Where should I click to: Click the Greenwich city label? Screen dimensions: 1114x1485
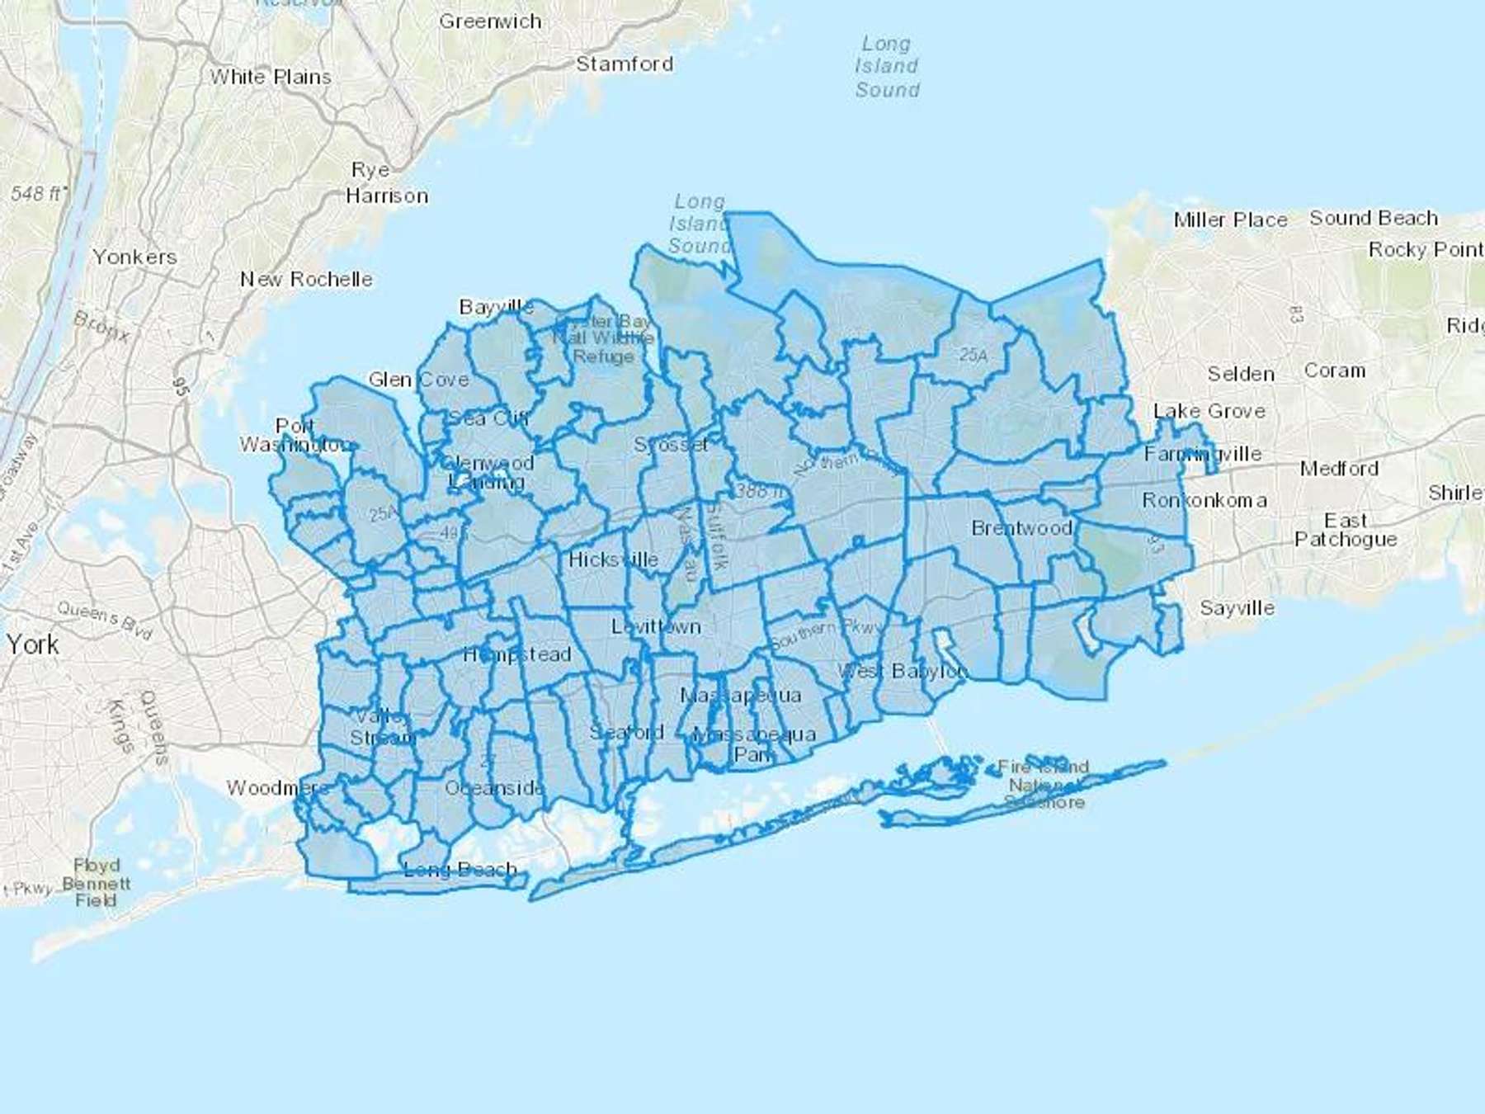490,21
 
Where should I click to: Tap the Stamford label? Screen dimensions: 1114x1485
625,64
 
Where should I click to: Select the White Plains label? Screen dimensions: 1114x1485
271,77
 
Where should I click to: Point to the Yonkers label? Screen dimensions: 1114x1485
134,257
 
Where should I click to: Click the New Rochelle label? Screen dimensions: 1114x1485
306,279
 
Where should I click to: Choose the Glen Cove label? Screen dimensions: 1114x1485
418,380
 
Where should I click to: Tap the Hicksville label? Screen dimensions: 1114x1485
613,559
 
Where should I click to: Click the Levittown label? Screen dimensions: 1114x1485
656,626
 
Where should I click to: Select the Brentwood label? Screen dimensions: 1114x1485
1021,528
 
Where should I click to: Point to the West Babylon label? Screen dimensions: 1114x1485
903,671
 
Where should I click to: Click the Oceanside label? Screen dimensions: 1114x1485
494,788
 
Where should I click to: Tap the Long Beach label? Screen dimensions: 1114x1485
460,869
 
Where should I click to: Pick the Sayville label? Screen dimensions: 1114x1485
1237,608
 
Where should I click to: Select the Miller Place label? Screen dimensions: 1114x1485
1230,219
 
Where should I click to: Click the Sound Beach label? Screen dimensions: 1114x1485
1374,218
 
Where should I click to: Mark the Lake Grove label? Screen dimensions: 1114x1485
1209,411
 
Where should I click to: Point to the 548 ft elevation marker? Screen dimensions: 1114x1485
38,193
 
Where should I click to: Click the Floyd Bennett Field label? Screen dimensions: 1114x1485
97,883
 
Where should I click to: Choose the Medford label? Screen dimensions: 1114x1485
1339,469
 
